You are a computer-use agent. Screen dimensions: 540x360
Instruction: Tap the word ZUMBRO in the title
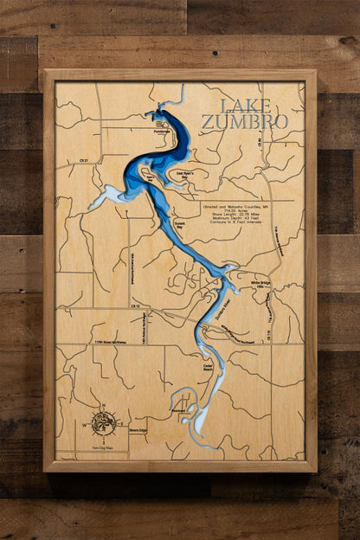(x=245, y=122)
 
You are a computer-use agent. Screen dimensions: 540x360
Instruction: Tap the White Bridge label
(x=261, y=283)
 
